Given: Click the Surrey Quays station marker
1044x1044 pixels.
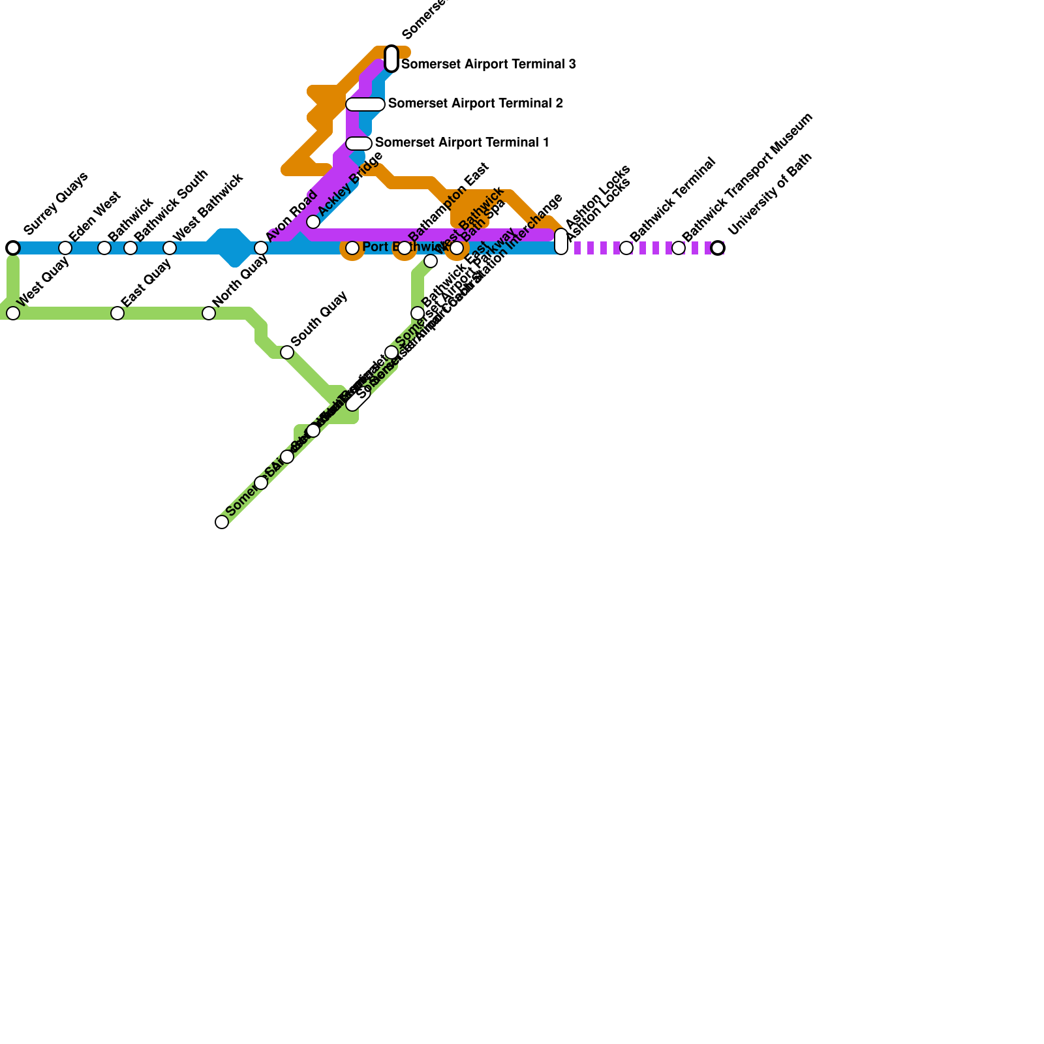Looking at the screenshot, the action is click(x=13, y=248).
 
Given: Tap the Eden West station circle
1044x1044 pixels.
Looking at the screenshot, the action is click(x=65, y=248).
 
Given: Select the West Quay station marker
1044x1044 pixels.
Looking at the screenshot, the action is click(x=13, y=313).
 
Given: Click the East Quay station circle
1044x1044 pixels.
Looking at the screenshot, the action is click(x=117, y=313).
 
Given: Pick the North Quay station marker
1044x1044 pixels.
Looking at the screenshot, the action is click(x=209, y=313).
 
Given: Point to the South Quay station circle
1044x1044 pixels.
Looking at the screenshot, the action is click(x=287, y=352).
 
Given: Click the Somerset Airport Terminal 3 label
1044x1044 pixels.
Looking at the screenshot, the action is click(x=488, y=65).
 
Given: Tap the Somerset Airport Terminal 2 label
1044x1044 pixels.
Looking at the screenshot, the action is click(x=475, y=104).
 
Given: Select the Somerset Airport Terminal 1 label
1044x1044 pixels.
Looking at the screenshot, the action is click(x=462, y=143).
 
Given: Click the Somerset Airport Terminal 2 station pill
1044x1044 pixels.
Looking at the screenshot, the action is click(x=365, y=104).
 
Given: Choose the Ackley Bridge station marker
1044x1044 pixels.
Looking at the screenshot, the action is click(x=313, y=222).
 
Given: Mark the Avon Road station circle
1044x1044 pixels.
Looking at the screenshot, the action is click(x=261, y=248).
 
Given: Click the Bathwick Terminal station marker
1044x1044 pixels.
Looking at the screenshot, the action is click(x=626, y=248).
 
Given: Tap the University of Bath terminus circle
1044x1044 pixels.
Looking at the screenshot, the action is click(x=718, y=248).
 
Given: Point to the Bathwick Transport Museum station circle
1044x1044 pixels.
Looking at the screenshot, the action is click(x=679, y=248).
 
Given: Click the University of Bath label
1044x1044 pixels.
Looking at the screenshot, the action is click(x=771, y=194).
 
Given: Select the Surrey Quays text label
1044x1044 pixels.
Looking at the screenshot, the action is click(x=55, y=203).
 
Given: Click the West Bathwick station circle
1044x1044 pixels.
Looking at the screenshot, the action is click(x=170, y=248).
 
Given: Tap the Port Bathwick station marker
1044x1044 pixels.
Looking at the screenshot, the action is click(x=352, y=248).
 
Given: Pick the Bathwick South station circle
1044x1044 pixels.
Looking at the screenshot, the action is click(x=130, y=248).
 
